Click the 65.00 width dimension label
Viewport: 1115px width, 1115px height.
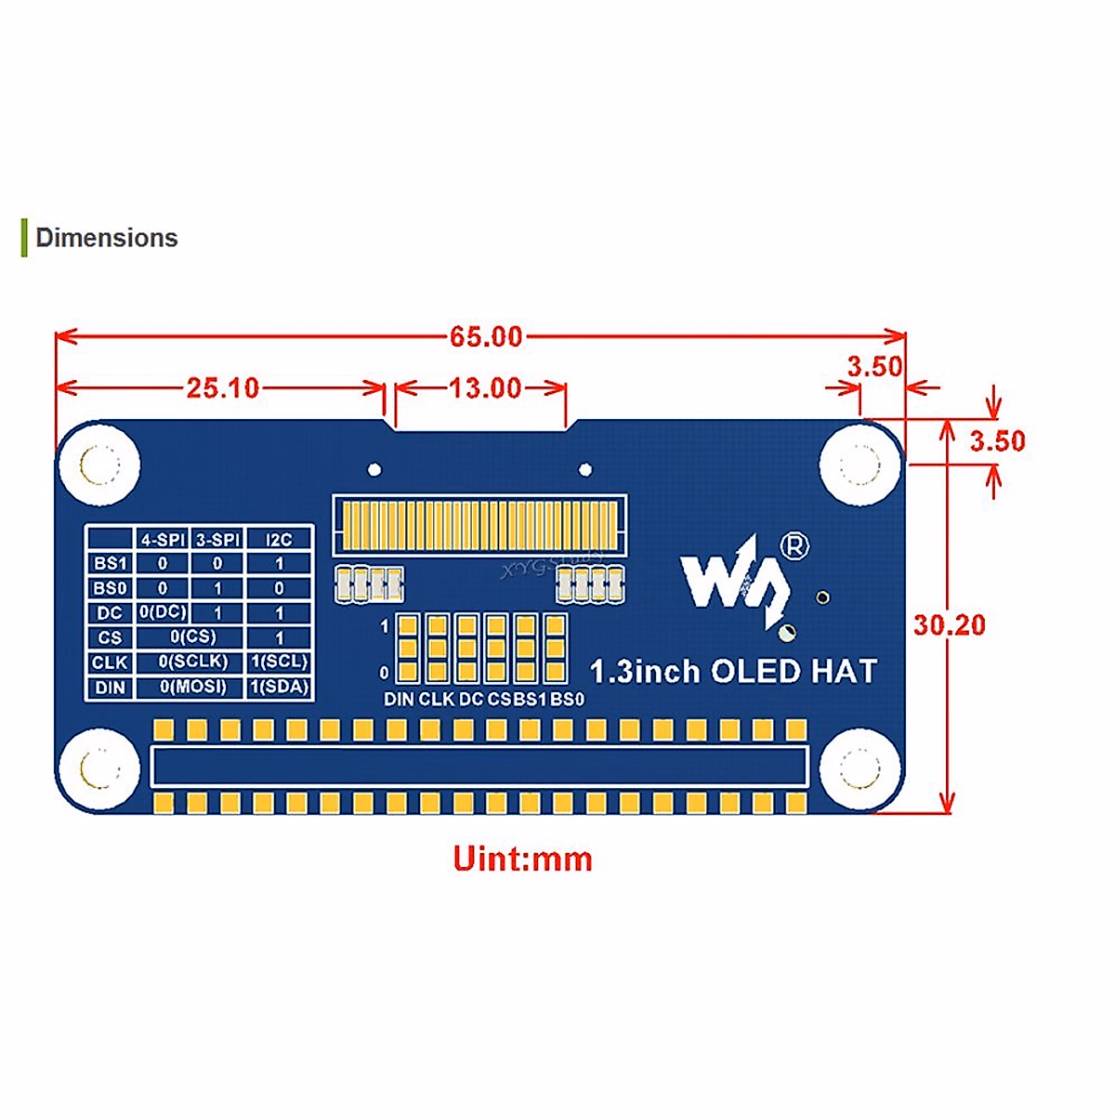point(486,336)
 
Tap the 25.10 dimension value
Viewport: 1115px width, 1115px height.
point(223,387)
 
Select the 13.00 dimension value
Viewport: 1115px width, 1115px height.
point(485,387)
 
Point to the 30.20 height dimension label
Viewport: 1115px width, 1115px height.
point(949,625)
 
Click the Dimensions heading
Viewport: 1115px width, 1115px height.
point(106,238)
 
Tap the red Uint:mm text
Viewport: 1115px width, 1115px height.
point(522,859)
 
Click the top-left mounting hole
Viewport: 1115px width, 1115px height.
point(98,464)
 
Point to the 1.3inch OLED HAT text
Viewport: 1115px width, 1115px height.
point(733,671)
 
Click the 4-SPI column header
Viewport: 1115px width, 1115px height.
point(163,539)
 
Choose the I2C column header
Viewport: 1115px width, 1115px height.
point(279,539)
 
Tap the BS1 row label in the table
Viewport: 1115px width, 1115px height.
point(110,563)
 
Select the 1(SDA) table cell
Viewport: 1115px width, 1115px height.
point(279,688)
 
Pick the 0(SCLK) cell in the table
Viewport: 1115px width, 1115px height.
point(192,662)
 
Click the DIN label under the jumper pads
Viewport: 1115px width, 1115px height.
point(399,700)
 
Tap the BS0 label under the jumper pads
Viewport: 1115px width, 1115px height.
point(567,700)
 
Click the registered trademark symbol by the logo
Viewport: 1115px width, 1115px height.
point(794,546)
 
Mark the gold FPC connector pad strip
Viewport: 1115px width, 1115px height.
point(479,525)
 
